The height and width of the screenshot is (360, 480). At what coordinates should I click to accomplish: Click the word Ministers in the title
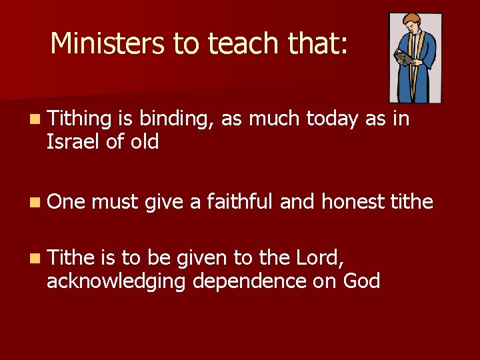pos(108,43)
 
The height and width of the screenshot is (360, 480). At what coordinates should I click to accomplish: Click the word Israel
pos(72,141)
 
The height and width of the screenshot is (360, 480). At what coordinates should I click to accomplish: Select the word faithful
pos(240,201)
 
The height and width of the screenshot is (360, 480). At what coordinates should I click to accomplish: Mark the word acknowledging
pos(117,281)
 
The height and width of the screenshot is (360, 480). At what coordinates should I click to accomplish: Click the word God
pos(361,280)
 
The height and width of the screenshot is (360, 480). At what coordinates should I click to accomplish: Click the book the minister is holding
pos(401,59)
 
